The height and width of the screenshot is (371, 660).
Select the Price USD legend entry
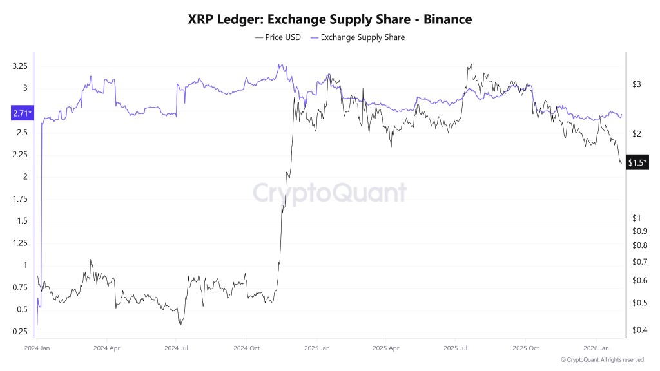click(x=278, y=37)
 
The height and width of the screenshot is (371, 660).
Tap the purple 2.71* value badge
click(x=21, y=114)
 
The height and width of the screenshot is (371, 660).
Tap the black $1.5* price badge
click(x=637, y=163)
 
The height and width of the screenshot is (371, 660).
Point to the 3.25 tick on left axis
click(x=19, y=66)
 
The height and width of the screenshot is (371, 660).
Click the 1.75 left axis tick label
click(x=19, y=199)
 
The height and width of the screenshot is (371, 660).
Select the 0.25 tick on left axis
click(x=19, y=332)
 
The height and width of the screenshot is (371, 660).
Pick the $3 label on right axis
click(x=637, y=84)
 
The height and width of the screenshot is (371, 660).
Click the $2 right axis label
click(x=637, y=134)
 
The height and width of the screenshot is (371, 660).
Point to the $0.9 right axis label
click(x=639, y=231)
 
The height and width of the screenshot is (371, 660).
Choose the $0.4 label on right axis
click(x=639, y=330)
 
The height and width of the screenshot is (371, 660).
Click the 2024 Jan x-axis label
click(x=37, y=348)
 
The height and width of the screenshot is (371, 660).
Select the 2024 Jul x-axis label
click(x=176, y=348)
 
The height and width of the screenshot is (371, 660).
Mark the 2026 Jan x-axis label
click(x=596, y=348)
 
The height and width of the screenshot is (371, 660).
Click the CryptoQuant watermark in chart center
click(x=329, y=193)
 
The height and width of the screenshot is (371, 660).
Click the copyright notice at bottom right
click(x=602, y=360)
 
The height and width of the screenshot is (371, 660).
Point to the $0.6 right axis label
click(x=639, y=281)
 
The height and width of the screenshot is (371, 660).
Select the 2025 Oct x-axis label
click(x=525, y=348)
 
